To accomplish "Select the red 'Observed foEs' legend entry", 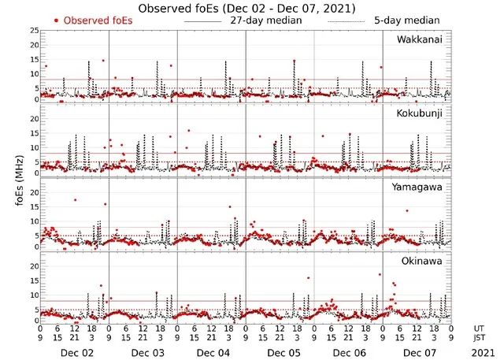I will (92, 20).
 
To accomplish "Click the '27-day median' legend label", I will (267, 20).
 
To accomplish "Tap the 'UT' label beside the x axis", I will (478, 327).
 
